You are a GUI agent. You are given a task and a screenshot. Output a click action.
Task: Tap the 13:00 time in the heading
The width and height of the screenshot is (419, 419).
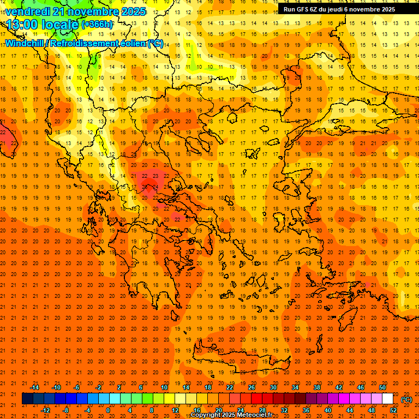tap(23, 24)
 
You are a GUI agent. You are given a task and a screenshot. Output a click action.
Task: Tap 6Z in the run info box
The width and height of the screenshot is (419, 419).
tap(317, 9)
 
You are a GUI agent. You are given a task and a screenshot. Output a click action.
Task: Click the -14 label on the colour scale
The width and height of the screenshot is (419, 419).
tap(34, 387)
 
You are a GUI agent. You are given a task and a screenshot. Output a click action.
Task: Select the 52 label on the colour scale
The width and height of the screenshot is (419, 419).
tap(393, 410)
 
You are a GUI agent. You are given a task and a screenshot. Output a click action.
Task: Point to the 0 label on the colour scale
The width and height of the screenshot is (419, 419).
tap(109, 410)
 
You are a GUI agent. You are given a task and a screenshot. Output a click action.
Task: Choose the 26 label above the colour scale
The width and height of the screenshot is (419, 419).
tap(252, 387)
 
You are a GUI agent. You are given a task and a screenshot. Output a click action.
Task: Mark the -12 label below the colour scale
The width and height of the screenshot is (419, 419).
tap(45, 410)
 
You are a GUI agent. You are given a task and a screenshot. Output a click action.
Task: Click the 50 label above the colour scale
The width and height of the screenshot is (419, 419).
tap(382, 387)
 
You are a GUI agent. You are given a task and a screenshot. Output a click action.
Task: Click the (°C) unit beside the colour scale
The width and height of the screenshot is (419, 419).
tap(406, 399)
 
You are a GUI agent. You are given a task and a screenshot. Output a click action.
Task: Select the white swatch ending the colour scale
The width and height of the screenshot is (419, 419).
tap(387, 399)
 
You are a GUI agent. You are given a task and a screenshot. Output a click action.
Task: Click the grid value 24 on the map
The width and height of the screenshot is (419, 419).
tap(155, 187)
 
